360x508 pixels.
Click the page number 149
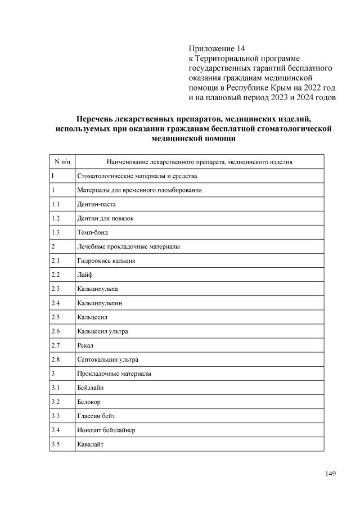(x=330, y=473)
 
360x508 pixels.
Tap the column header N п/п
(x=62, y=162)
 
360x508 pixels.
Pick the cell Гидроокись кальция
(x=106, y=260)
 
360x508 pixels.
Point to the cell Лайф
(x=85, y=275)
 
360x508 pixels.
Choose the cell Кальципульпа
(x=97, y=289)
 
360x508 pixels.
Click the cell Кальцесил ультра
(x=102, y=331)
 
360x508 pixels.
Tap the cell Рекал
(x=85, y=345)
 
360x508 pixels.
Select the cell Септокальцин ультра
(x=107, y=359)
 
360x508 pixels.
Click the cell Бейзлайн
(x=91, y=388)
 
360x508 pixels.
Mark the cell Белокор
(x=89, y=402)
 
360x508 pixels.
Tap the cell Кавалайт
(x=91, y=444)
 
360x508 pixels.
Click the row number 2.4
(x=55, y=303)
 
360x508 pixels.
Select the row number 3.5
(x=55, y=444)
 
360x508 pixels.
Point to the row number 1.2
(x=55, y=218)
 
